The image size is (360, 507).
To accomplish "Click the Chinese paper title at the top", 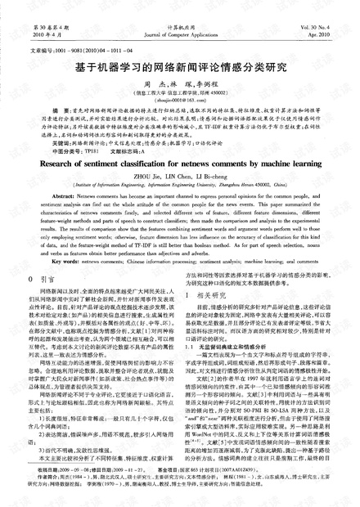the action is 180,69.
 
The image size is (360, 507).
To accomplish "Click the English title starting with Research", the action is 180,185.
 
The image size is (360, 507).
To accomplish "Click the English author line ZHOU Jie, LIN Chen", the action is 180,199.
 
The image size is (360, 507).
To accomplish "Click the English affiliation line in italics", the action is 180,208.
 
